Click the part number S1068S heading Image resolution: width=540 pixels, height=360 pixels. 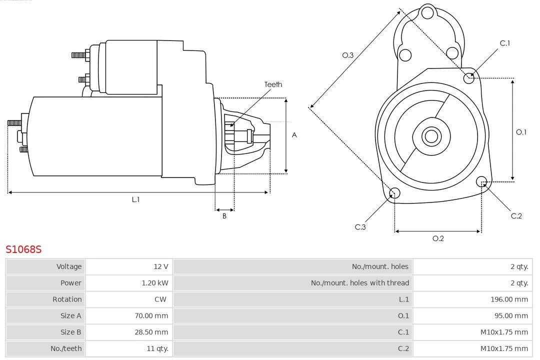click(23, 249)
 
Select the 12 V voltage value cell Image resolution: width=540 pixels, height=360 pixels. click(161, 266)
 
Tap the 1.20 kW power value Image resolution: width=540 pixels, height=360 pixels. click(155, 283)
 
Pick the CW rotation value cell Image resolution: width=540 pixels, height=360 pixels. click(162, 299)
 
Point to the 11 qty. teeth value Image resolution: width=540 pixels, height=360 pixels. click(156, 348)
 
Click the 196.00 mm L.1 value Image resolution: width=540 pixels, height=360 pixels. click(509, 299)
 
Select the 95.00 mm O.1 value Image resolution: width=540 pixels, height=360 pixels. click(510, 316)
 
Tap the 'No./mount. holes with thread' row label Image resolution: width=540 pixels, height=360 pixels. click(359, 283)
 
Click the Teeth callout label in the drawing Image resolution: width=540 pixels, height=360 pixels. click(273, 84)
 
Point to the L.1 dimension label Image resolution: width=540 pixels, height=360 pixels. click(135, 199)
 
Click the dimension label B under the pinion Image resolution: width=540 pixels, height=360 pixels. click(224, 216)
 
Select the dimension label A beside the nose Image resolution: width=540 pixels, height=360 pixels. click(294, 135)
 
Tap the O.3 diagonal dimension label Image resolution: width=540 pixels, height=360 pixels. click(348, 55)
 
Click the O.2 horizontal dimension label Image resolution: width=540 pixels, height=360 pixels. click(438, 238)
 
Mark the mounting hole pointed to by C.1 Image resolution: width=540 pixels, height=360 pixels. click(469, 77)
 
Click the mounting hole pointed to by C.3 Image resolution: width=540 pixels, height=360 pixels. click(394, 193)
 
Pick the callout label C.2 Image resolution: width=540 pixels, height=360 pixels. click(516, 216)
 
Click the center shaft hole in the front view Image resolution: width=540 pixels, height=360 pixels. click(431, 136)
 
